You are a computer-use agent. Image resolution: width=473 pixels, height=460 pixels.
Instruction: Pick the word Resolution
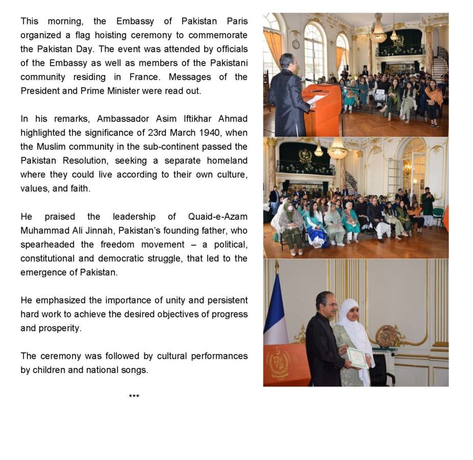[85, 160]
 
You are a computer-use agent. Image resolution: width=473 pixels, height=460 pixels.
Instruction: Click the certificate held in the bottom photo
[358, 357]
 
